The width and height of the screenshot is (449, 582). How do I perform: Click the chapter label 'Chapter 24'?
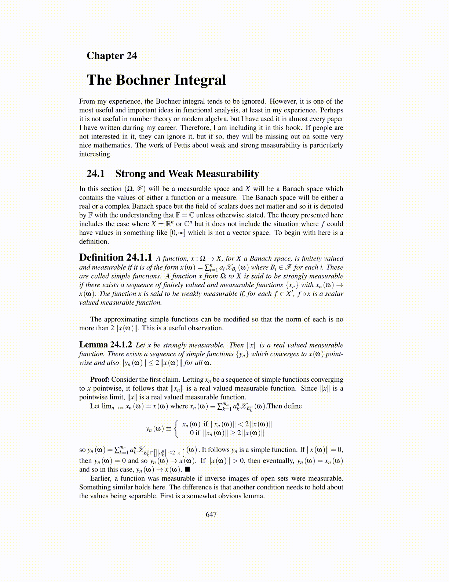coord(112,56)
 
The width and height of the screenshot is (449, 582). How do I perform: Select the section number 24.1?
coord(95,173)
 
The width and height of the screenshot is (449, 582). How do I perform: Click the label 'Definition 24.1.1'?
coord(116,258)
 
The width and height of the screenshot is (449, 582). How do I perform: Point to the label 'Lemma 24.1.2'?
coord(106,345)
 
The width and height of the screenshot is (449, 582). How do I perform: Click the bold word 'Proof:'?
coord(100,379)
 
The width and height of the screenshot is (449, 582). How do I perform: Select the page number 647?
coord(211,514)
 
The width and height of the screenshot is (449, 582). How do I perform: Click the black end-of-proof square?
coord(187,470)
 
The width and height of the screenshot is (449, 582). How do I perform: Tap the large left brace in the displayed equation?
coord(176,428)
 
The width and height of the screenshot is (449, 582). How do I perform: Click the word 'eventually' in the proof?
coord(276,461)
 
